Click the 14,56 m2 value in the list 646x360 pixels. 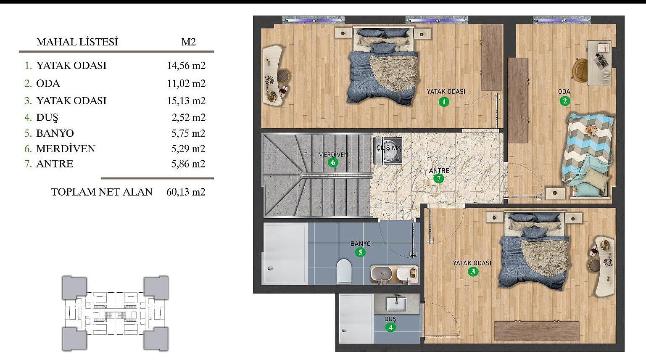pos(186,66)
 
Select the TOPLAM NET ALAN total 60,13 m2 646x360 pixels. pos(186,192)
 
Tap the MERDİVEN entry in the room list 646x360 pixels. pos(66,149)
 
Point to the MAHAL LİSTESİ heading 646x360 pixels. pos(77,42)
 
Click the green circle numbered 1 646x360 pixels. pos(444,101)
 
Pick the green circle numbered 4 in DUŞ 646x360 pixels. pos(390,327)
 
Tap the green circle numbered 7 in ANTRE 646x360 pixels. pos(439,179)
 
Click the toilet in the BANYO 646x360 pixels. pos(344,271)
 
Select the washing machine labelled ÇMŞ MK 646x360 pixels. pos(388,151)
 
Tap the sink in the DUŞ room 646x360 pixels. pos(396,304)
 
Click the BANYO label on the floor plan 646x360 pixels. pos(361,244)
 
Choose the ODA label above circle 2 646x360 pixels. pos(564,92)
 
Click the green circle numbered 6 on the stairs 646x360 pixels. pos(333,162)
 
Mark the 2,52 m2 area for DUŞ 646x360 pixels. pos(189,117)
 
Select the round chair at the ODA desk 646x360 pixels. pos(580,68)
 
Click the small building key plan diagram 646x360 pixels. pos(115,314)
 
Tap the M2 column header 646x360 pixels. pos(189,42)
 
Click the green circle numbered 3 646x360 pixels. pos(473,271)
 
